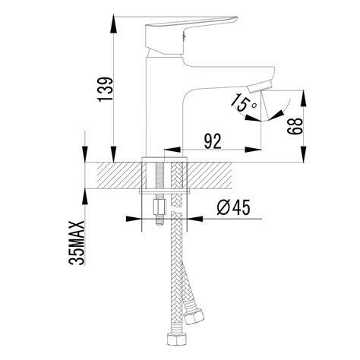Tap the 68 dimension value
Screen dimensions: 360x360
tap(292, 125)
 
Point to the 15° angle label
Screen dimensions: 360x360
tap(244, 106)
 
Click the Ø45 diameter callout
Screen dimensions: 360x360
tap(232, 206)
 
